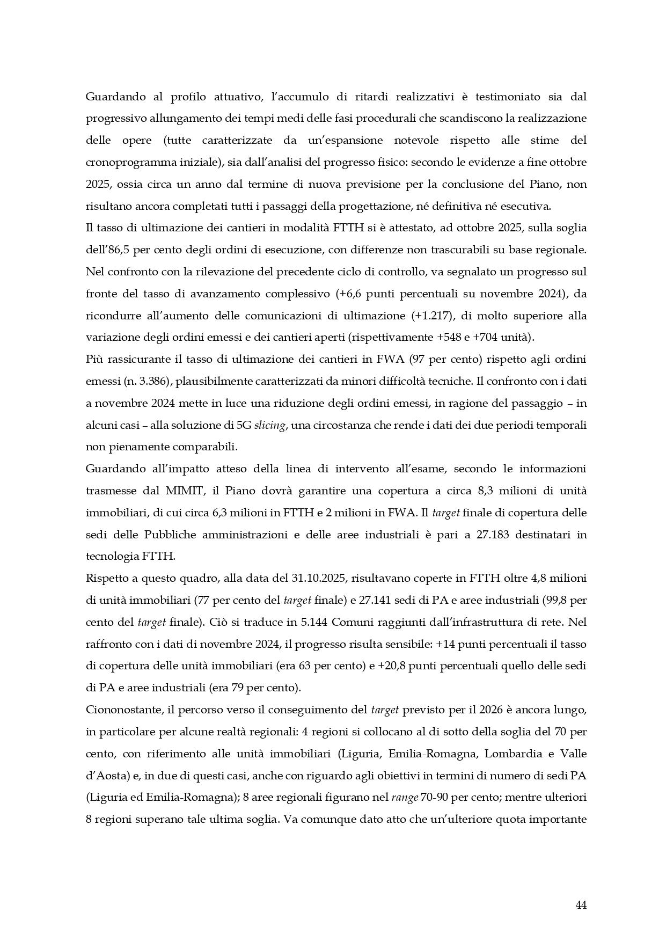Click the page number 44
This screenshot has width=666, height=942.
(x=581, y=905)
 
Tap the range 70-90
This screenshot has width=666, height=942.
(x=435, y=797)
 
